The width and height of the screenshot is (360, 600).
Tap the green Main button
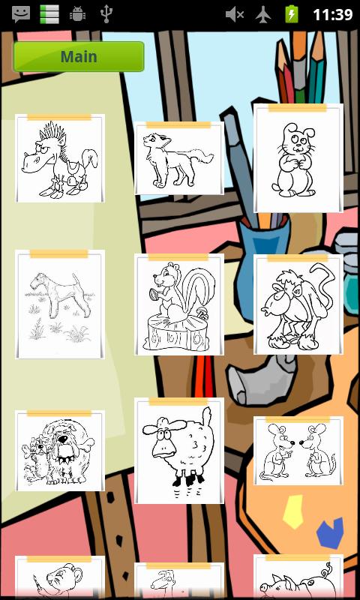[79, 57]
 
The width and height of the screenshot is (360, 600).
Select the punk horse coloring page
[60, 158]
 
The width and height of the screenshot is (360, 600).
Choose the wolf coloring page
[179, 158]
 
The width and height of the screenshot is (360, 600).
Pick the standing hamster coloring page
[298, 157]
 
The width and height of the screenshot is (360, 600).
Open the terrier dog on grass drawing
[60, 304]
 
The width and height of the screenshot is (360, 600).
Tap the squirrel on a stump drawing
[179, 304]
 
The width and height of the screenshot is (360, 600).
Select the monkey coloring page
[298, 304]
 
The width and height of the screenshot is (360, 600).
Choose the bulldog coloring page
[60, 451]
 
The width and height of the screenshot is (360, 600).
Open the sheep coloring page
[179, 451]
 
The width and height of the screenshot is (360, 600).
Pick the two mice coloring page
[298, 451]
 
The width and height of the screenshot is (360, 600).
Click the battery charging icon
[292, 14]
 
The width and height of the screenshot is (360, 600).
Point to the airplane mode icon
[263, 14]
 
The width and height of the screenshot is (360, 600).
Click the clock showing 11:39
[332, 14]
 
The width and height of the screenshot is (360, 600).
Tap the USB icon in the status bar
[106, 14]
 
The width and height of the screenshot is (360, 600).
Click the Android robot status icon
[78, 14]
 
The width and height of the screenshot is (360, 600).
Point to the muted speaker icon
[235, 14]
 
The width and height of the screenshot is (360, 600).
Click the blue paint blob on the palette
[330, 532]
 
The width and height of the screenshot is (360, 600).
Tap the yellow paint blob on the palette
[293, 511]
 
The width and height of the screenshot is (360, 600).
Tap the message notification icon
[21, 14]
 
